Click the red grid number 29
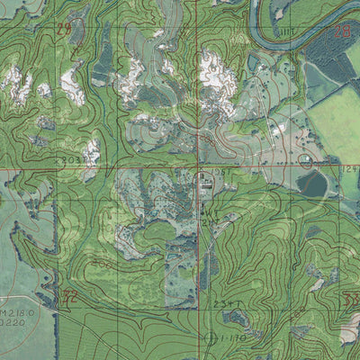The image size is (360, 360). click(x=63, y=30)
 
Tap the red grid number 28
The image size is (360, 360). click(x=342, y=31)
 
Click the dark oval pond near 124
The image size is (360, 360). click(x=312, y=184)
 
